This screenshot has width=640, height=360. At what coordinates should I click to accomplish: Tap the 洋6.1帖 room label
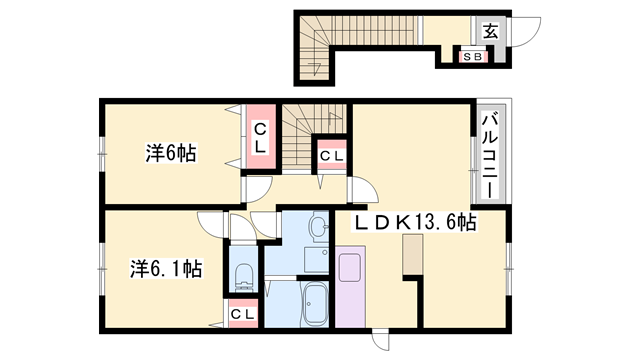[166, 268]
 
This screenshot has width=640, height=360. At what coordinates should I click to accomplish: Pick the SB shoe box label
[471, 57]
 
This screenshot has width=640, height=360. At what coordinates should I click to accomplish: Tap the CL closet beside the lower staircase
[332, 155]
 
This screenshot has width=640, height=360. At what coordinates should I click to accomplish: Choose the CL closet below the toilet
[242, 314]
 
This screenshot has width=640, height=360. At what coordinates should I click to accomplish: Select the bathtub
[315, 303]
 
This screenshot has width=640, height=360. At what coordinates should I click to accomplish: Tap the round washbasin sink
[318, 229]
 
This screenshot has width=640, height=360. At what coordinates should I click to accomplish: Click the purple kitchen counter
[351, 284]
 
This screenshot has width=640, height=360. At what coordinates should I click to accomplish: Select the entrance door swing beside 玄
[526, 30]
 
